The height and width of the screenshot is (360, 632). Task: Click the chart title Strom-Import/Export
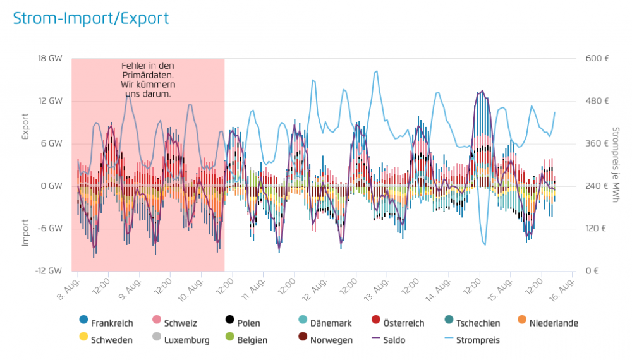[x=91, y=18]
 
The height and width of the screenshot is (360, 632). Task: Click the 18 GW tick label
[x=50, y=59]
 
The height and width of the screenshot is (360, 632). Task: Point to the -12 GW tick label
[x=49, y=271]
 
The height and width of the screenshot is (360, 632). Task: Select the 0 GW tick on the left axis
[x=52, y=186]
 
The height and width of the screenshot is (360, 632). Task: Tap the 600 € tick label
[x=597, y=59]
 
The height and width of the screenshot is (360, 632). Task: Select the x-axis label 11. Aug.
[x=253, y=284]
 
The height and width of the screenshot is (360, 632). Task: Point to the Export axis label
[x=26, y=126]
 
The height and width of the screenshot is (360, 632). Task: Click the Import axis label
[x=26, y=232]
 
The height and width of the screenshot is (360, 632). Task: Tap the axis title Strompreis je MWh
[x=616, y=165]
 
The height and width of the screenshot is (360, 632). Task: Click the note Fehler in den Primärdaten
[x=148, y=80]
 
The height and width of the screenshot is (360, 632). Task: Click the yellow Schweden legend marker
[x=83, y=340]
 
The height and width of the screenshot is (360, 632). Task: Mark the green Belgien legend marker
[x=229, y=340]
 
